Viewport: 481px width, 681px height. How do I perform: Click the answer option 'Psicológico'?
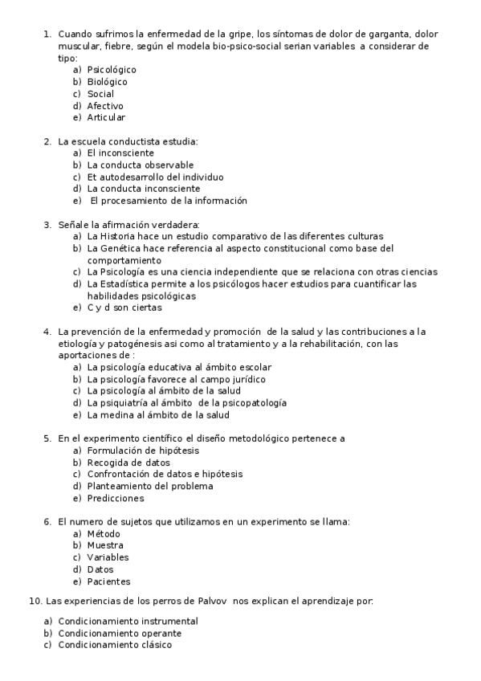coord(112,70)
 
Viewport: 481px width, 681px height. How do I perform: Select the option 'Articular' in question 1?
coord(106,117)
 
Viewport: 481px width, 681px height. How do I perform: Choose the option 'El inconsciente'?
coord(120,153)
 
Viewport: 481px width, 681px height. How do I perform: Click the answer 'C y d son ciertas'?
coord(124,307)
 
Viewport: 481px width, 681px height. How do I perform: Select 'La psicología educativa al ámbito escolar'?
coord(178,367)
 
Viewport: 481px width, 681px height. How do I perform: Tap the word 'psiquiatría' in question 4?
coord(126,403)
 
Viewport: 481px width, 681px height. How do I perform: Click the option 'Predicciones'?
coord(116,498)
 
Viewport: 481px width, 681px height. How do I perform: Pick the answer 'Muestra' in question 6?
coord(105,545)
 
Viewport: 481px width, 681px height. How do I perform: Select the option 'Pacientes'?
coord(108,581)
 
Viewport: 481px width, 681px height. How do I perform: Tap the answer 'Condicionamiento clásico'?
coord(115,645)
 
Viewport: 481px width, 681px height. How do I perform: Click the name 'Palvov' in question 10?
coord(208,600)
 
